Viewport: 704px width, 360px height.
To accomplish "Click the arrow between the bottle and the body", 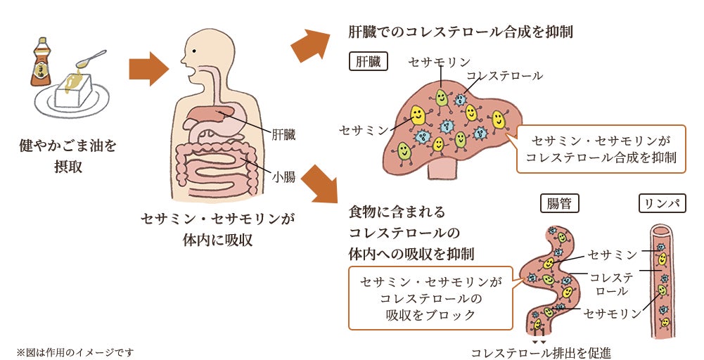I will (x=148, y=69).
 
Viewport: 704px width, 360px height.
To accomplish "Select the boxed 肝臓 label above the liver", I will (x=369, y=61).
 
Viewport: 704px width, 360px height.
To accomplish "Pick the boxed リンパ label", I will (x=661, y=204).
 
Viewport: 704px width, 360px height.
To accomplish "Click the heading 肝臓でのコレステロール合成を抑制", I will (x=461, y=32).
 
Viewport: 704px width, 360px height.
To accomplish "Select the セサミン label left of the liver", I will (x=364, y=130).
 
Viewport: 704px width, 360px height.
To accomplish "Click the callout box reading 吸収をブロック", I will (x=430, y=299).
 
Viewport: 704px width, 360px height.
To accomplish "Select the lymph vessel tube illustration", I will (x=662, y=278).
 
